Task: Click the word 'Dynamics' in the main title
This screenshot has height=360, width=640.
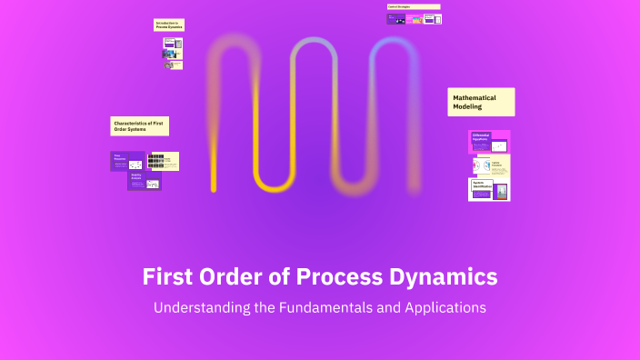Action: (x=446, y=275)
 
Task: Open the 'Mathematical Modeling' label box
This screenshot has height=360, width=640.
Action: (x=481, y=102)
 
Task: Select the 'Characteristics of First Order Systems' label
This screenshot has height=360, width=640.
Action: (x=140, y=125)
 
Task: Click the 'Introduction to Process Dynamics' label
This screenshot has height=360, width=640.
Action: (x=168, y=25)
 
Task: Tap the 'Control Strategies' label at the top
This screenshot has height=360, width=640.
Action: (x=414, y=6)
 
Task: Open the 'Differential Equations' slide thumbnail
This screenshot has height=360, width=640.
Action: (x=489, y=142)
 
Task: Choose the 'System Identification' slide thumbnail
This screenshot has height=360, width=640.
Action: (x=489, y=189)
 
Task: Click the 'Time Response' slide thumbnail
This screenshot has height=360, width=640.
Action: (x=127, y=161)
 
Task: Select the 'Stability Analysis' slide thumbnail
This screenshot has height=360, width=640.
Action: (x=144, y=180)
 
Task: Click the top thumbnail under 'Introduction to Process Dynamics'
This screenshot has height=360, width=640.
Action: (x=172, y=42)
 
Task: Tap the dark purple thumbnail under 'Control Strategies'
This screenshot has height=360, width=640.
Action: (x=395, y=18)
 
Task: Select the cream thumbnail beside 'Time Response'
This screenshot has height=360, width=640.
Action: (x=164, y=161)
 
